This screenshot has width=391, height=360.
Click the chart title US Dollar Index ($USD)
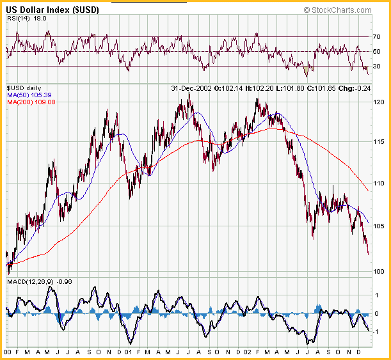tap(52, 10)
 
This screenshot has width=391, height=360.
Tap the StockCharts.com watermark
tap(338, 10)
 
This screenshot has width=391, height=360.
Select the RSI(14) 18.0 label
tap(27, 19)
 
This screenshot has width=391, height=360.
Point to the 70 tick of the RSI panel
tap(376, 37)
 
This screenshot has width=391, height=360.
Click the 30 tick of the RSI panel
tap(376, 66)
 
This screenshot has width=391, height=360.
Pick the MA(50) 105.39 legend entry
tap(29, 95)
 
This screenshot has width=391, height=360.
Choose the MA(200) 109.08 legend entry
tap(31, 102)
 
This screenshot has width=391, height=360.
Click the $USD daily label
tap(24, 88)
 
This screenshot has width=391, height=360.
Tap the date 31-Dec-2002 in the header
tap(191, 88)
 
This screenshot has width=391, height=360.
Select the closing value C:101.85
tap(321, 88)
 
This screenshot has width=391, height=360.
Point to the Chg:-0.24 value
tap(355, 88)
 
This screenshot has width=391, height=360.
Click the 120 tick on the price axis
tap(379, 102)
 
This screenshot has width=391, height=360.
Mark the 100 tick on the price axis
tap(379, 271)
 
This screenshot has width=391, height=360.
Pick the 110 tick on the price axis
tap(379, 184)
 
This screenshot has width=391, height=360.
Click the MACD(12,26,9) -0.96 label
tap(40, 282)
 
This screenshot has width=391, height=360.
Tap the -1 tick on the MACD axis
tap(376, 332)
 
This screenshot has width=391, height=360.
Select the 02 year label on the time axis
tap(247, 352)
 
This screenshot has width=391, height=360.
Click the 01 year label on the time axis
tap(128, 352)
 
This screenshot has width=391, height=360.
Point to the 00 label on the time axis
tap(8, 352)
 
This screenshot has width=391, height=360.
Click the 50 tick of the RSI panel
tap(376, 52)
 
